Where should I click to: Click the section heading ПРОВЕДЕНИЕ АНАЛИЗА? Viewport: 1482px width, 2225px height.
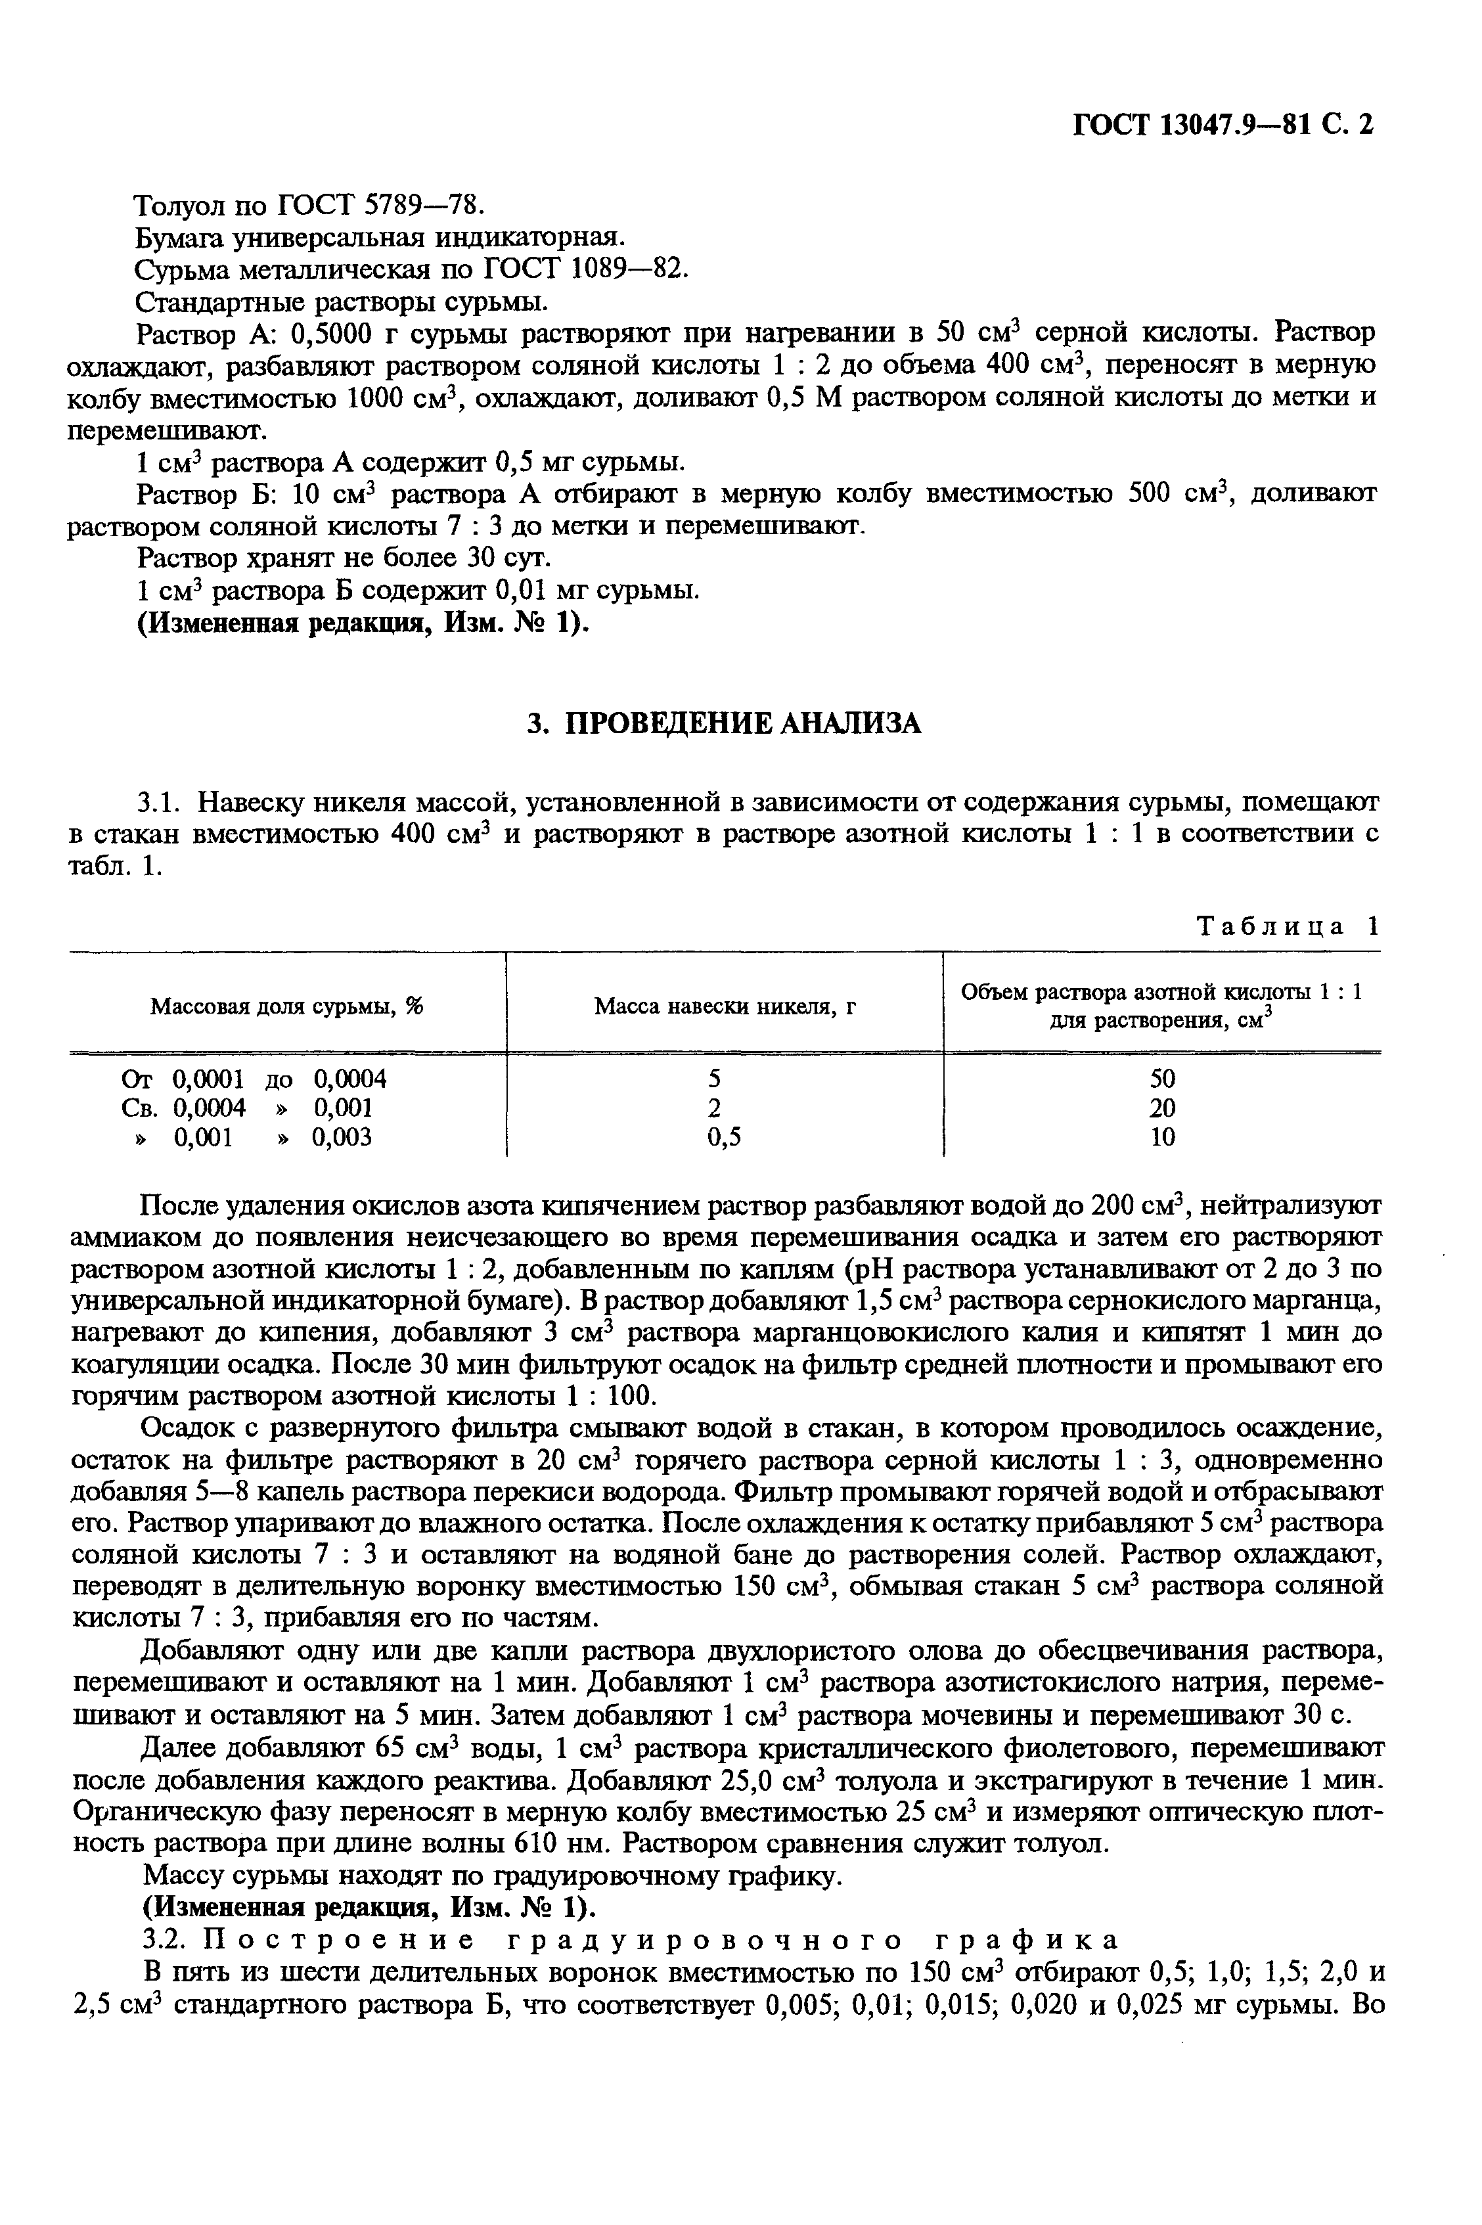[723, 723]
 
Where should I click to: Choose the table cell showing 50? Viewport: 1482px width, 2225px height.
[1163, 1079]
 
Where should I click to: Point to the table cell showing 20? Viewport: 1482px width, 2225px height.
[1163, 1108]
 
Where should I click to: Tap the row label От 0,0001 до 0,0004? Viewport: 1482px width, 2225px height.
[254, 1079]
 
